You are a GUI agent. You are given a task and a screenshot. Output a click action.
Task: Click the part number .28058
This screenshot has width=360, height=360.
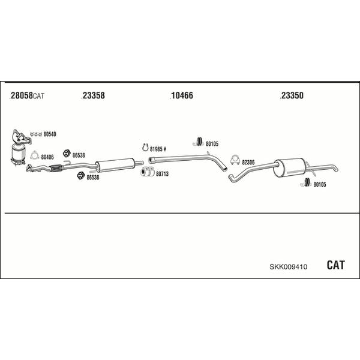click(21, 95)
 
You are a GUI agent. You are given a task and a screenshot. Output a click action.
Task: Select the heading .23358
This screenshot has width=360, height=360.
click(93, 95)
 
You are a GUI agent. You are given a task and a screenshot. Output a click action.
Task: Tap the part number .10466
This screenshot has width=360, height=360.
click(181, 95)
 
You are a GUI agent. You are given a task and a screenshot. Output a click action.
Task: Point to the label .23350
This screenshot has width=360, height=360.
click(292, 95)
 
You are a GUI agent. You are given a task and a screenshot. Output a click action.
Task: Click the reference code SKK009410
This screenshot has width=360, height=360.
click(289, 267)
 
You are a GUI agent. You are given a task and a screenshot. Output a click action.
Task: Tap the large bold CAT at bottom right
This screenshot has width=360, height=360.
click(335, 265)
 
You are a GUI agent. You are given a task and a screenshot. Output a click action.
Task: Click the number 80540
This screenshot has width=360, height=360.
click(50, 134)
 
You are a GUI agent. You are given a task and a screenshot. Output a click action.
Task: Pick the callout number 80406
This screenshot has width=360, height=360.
click(47, 157)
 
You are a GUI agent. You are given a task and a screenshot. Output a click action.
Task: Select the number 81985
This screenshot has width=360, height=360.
click(156, 149)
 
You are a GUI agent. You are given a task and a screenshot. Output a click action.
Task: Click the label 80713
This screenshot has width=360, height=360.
click(163, 174)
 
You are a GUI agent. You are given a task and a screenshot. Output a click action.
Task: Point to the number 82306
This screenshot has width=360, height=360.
click(248, 163)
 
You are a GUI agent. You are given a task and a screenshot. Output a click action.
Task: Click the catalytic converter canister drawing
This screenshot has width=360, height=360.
click(19, 154)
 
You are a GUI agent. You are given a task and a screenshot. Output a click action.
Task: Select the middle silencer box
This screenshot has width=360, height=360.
click(115, 165)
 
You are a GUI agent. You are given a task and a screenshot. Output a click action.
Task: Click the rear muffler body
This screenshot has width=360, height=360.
click(290, 168)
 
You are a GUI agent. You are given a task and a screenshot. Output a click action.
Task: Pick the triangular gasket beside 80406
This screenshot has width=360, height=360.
click(34, 155)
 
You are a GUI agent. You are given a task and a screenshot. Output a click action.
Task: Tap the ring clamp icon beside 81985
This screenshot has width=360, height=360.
click(145, 148)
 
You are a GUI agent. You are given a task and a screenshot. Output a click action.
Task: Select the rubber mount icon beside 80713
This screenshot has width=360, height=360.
click(148, 172)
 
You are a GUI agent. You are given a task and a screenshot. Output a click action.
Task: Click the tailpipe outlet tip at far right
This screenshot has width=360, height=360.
click(336, 170)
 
